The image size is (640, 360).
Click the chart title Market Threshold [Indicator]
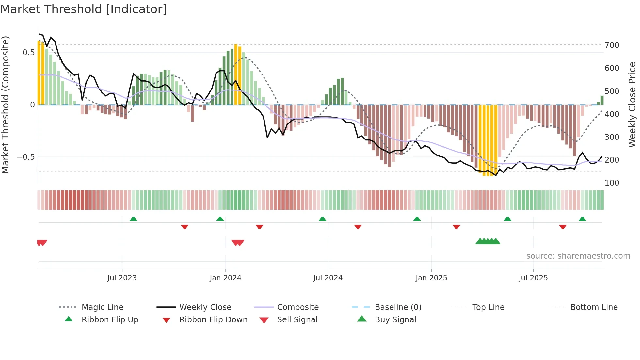(84, 9)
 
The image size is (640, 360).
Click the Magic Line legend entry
(102, 307)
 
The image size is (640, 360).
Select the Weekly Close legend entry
(205, 307)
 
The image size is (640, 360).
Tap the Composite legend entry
(297, 307)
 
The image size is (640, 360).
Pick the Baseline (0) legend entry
(398, 307)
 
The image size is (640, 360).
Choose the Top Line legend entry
(488, 307)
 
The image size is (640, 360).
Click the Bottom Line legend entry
(594, 307)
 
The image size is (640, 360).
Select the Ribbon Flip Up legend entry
(110, 319)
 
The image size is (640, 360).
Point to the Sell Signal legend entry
(297, 319)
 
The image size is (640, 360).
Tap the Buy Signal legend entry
(395, 319)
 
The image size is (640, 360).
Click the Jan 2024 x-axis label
(225, 278)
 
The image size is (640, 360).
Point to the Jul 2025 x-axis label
(533, 278)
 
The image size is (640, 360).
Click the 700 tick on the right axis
(612, 45)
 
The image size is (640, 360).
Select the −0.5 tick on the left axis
(25, 157)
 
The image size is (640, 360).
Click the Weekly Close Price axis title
(632, 105)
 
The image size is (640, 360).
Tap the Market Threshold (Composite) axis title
(5, 105)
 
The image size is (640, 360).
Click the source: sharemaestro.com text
(578, 256)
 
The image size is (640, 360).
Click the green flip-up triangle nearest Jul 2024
(323, 219)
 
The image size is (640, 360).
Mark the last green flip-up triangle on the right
(582, 219)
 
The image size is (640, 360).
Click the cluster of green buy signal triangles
(488, 241)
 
